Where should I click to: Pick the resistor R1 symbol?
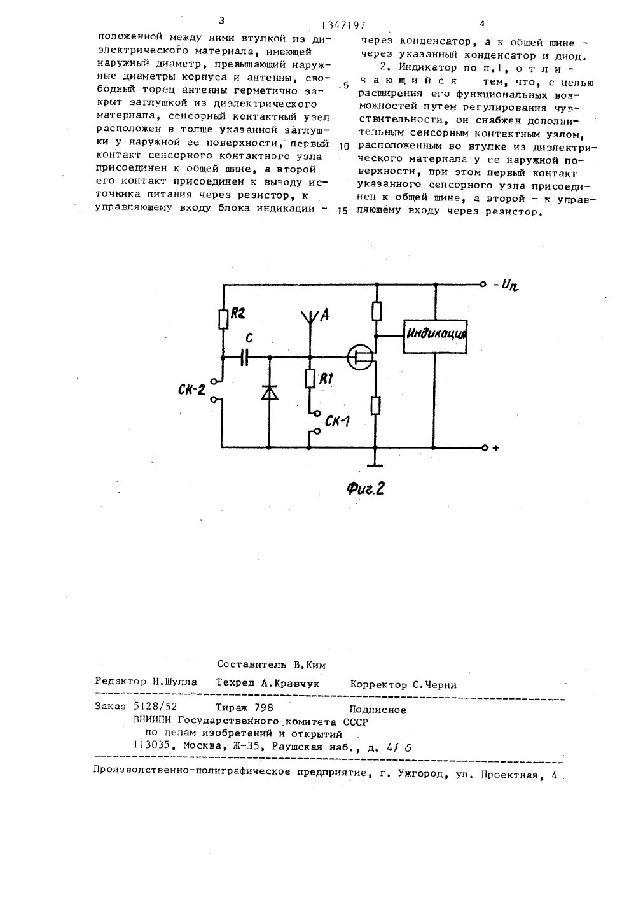click(310, 381)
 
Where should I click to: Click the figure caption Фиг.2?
click(366, 488)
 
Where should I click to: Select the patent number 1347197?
click(343, 25)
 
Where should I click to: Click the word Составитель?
click(250, 664)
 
